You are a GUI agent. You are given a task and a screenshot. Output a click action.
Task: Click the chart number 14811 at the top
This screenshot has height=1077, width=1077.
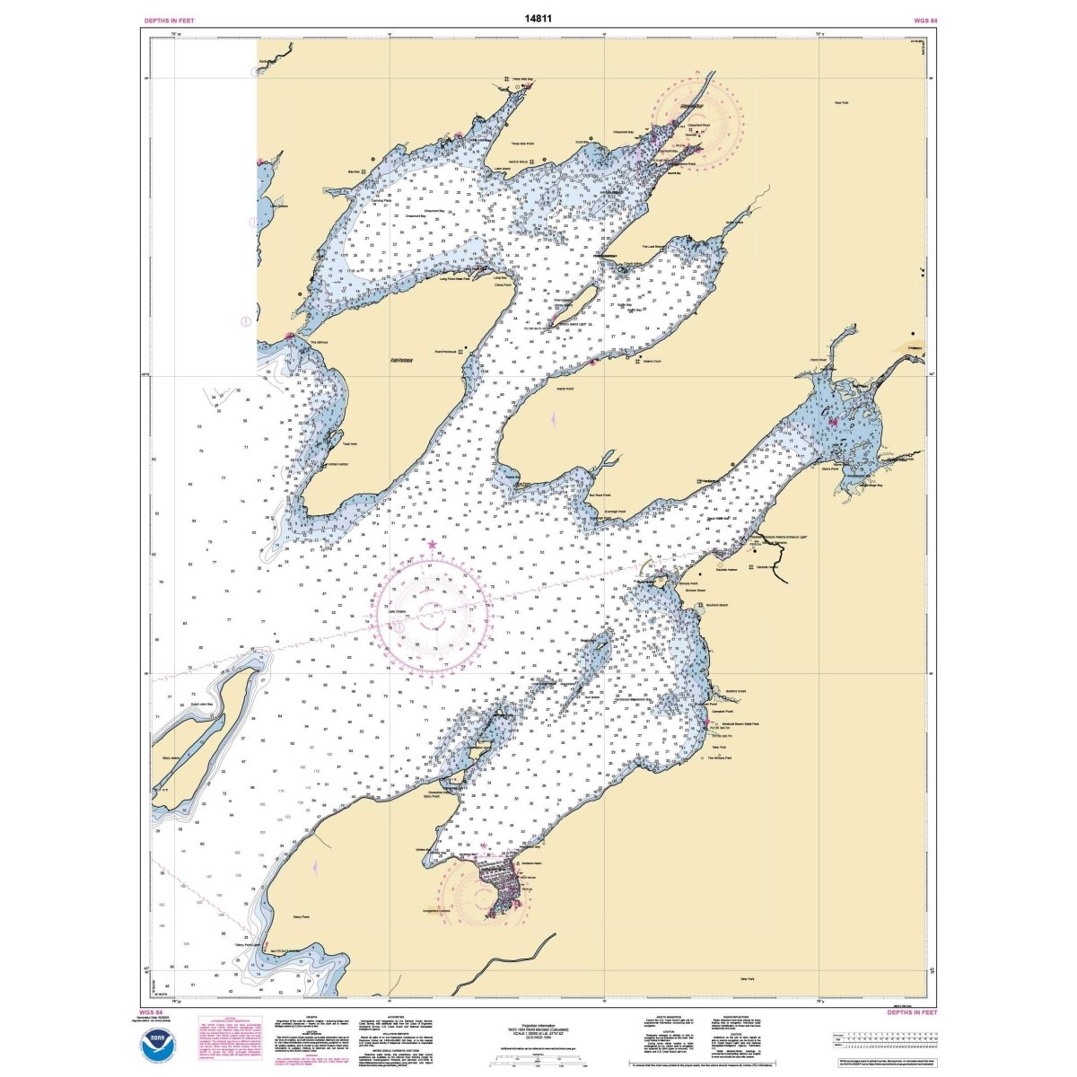click(x=538, y=17)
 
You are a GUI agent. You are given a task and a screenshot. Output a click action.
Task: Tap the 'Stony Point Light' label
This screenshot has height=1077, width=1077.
click(x=248, y=944)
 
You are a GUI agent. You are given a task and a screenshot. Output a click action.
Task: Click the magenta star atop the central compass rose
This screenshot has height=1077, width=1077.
click(x=433, y=544)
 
